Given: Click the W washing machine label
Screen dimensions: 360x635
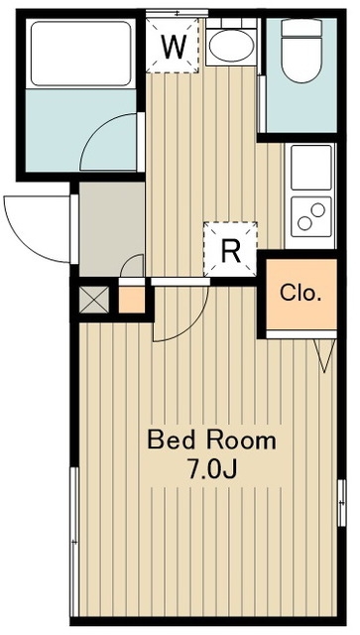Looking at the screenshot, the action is click(174, 47).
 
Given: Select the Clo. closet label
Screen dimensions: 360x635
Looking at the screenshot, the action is click(300, 294).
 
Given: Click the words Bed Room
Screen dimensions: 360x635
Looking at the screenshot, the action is click(211, 441).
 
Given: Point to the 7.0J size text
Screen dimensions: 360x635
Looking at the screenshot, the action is click(211, 469).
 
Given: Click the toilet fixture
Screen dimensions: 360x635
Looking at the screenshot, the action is click(301, 51).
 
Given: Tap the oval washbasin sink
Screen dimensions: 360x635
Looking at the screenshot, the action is click(231, 46).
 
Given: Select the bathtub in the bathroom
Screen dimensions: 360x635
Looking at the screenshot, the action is click(81, 54).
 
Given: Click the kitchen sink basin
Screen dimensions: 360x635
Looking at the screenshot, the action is click(311, 168).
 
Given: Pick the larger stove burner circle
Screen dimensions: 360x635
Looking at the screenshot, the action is click(318, 209).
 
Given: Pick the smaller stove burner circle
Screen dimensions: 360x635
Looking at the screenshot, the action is click(304, 223).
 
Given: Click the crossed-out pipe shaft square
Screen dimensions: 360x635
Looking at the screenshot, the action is click(93, 300).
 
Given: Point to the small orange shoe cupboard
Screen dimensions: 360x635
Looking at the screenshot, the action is click(132, 300).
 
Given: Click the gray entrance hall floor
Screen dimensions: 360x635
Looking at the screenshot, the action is click(112, 229).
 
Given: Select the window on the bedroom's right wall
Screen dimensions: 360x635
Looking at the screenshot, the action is click(341, 503).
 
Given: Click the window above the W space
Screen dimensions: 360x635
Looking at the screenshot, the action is click(177, 13).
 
